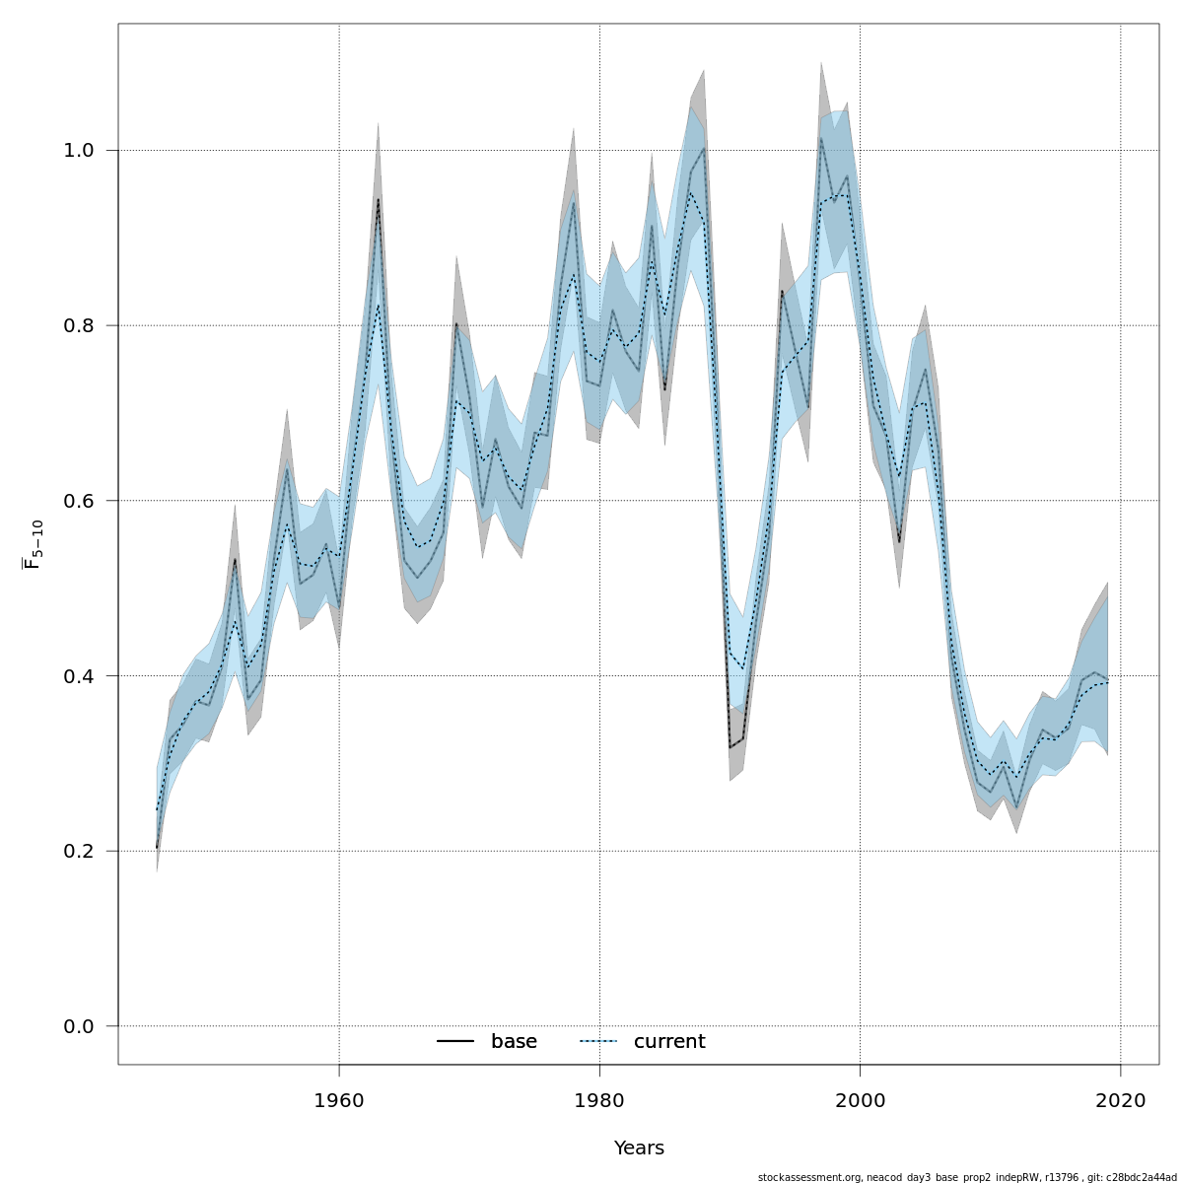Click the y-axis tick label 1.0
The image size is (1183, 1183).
[78, 151]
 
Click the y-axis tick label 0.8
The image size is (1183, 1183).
[78, 325]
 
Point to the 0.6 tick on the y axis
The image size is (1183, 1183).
[78, 501]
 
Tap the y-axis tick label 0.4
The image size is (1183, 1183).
[78, 676]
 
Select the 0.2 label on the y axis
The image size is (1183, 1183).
[78, 851]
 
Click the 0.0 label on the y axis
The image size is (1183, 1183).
[78, 1026]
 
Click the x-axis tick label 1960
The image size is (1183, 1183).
[339, 1100]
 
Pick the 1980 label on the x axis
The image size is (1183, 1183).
[599, 1100]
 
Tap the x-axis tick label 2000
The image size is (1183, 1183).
[860, 1100]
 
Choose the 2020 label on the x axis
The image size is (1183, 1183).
[1120, 1100]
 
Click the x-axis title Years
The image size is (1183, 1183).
[639, 1148]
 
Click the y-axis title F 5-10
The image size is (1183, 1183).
[34, 545]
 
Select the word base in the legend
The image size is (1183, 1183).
[514, 1042]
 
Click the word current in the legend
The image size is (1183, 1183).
[669, 1042]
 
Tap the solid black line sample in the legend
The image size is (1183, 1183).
[455, 1042]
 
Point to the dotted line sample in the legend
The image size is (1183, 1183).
[597, 1042]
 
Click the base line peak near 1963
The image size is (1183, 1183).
[378, 200]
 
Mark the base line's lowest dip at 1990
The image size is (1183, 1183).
[730, 747]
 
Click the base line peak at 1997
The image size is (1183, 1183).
[820, 138]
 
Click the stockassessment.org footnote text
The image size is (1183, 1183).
[966, 1177]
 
